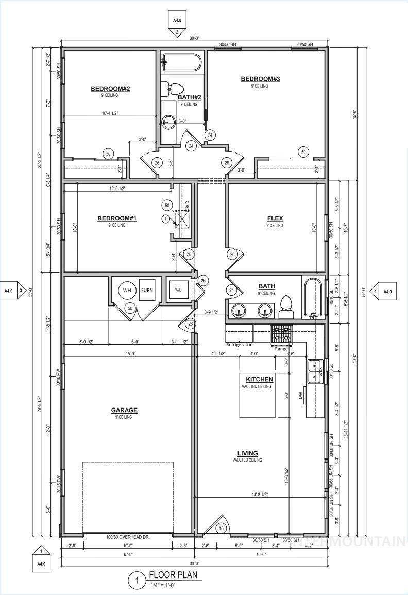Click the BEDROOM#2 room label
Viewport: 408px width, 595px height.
[110, 89]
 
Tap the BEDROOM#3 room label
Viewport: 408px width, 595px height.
[260, 79]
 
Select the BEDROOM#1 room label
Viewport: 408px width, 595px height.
[117, 219]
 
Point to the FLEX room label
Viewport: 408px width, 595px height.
[275, 219]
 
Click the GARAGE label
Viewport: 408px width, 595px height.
[124, 411]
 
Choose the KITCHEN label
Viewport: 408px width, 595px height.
[260, 379]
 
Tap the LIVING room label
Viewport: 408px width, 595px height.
[247, 453]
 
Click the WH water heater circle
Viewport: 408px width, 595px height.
[127, 290]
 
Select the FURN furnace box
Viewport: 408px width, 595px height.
[147, 290]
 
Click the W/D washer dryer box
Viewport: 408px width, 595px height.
[178, 290]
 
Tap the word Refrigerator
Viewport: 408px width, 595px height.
[239, 344]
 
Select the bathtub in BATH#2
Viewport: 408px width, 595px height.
[181, 63]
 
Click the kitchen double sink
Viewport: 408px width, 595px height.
[315, 372]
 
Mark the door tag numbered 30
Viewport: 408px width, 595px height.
[222, 529]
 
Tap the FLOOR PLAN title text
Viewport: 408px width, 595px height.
[173, 575]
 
